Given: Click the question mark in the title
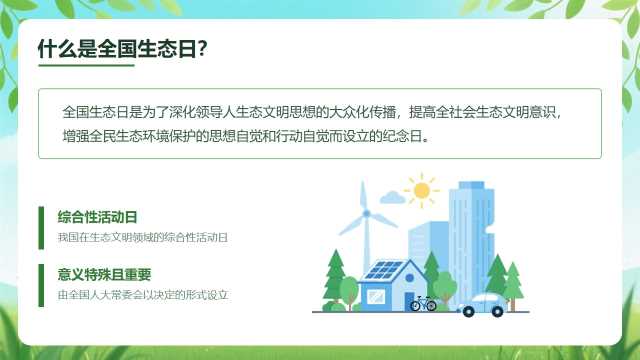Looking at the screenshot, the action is click(x=202, y=49).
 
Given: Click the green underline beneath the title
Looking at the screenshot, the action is click(x=87, y=64).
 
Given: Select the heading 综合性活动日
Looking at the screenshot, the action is click(x=97, y=217).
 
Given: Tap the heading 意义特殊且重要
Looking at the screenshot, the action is click(x=104, y=274).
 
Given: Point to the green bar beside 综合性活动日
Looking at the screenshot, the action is click(x=41, y=228).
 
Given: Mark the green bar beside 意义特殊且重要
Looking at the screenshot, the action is click(x=41, y=285).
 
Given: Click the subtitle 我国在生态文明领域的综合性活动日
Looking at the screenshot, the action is click(x=142, y=237).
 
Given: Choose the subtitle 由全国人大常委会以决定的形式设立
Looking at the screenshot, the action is click(x=142, y=295).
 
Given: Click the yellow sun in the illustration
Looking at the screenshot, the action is click(x=422, y=190).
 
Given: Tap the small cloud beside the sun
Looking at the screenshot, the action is click(x=392, y=198).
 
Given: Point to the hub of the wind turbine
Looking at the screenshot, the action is click(x=367, y=213).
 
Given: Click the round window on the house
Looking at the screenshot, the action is click(x=409, y=278).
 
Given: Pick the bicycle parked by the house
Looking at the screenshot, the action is click(x=423, y=303).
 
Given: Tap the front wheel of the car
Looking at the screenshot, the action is click(x=469, y=312).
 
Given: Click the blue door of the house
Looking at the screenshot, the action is click(x=409, y=301).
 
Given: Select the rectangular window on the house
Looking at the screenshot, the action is click(x=376, y=296).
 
